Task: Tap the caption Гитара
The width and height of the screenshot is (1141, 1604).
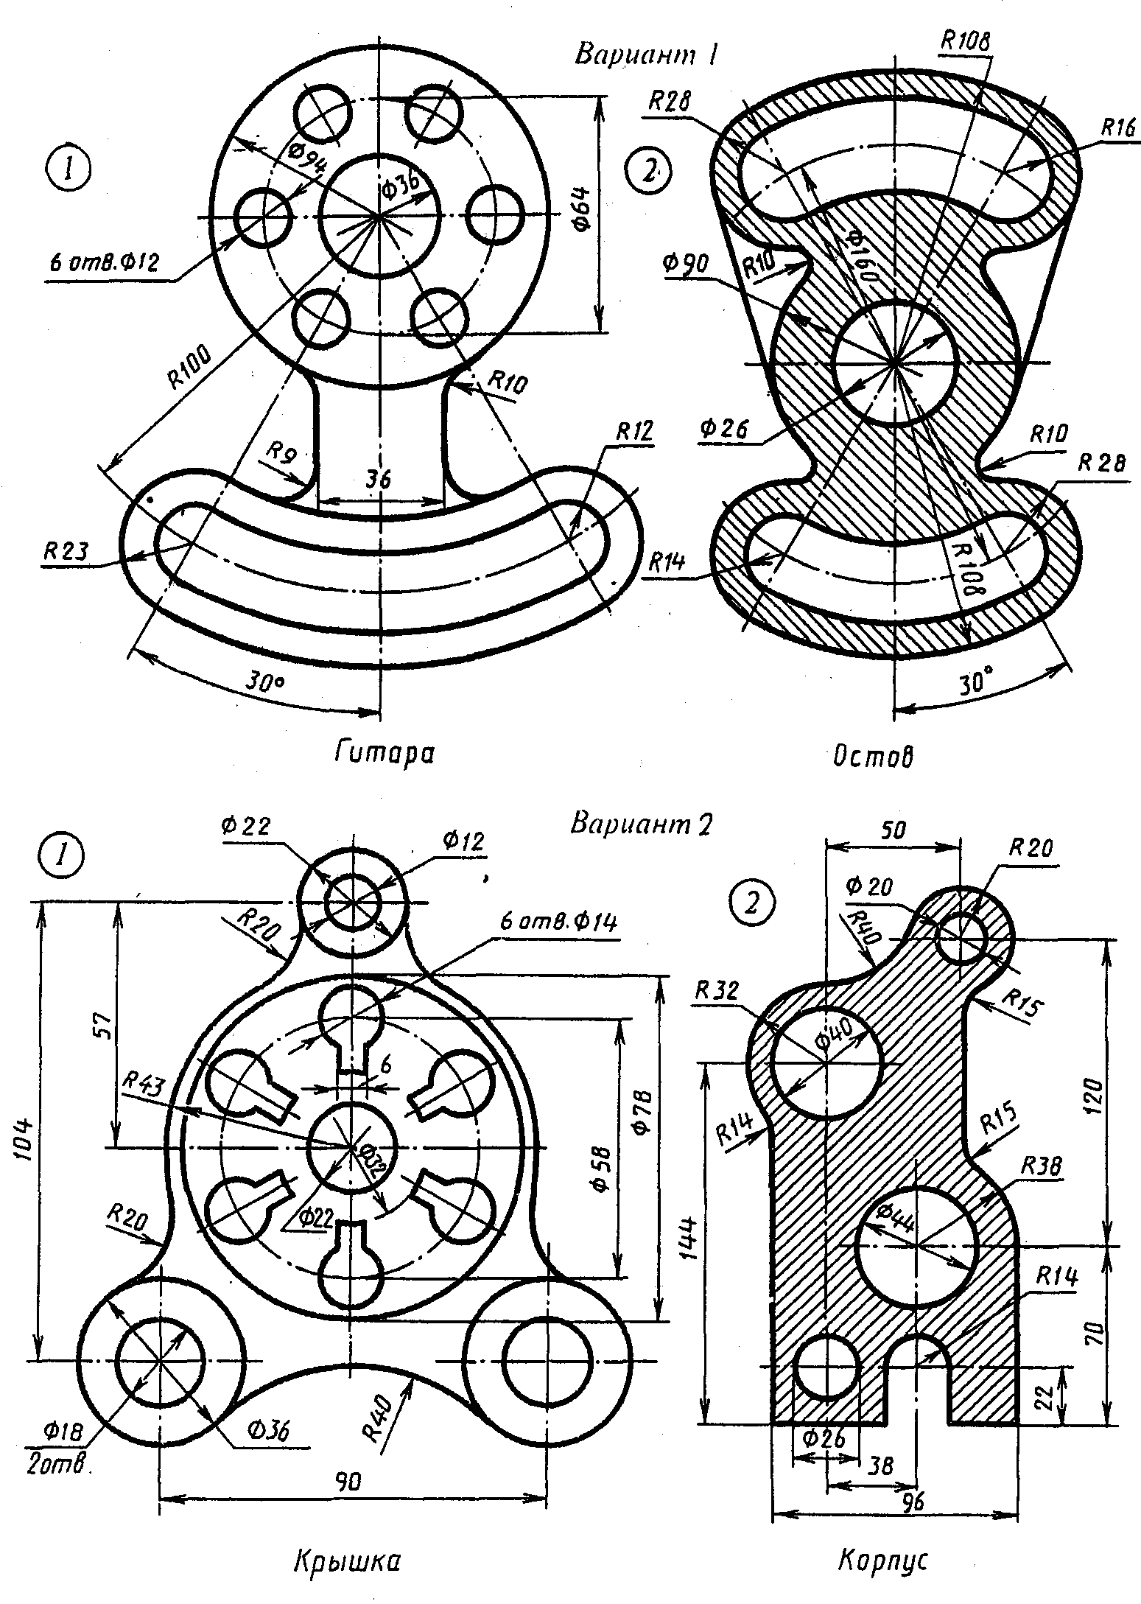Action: [x=383, y=754]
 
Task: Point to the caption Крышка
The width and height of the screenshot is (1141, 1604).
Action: [x=347, y=1561]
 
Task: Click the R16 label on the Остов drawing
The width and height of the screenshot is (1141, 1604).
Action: [x=1117, y=127]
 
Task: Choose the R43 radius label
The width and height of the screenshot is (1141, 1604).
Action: [x=145, y=1082]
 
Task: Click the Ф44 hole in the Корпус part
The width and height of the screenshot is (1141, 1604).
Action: [x=916, y=1245]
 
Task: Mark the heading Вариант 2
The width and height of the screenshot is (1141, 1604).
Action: [x=641, y=824]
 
